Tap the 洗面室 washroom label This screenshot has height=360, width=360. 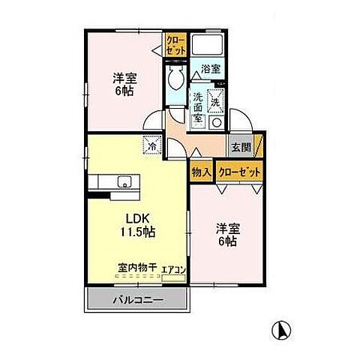click(x=198, y=106)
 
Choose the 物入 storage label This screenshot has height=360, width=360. click(x=201, y=172)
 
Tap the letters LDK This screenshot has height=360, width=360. click(x=135, y=219)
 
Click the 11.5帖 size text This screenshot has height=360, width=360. click(x=138, y=232)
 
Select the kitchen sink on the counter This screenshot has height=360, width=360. click(x=124, y=181)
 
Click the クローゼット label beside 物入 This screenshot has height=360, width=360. click(x=240, y=172)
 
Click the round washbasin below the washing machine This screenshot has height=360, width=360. click(x=217, y=122)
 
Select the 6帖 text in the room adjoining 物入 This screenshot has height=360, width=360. click(x=227, y=241)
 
